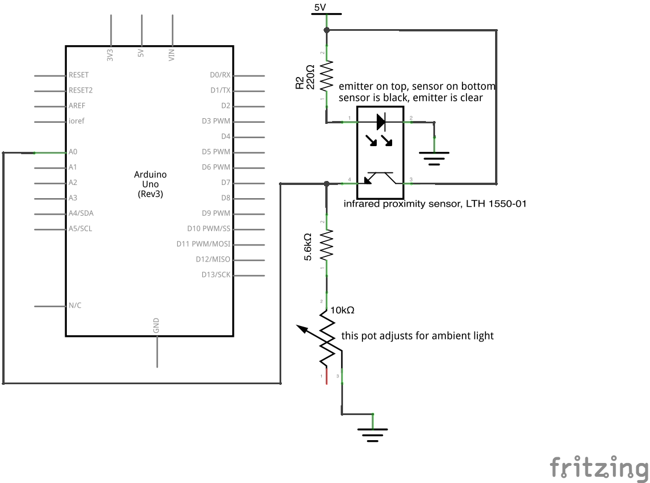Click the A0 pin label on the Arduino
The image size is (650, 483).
[73, 152]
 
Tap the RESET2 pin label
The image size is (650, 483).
[81, 90]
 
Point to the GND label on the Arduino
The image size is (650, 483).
[156, 326]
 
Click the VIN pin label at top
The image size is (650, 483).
[172, 55]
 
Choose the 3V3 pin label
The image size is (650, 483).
[110, 55]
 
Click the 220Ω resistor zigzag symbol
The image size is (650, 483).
[326, 77]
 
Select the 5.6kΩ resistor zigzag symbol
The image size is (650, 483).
[326, 245]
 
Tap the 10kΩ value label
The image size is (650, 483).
[342, 310]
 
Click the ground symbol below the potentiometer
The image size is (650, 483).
[372, 435]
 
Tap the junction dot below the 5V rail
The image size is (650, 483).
[326, 30]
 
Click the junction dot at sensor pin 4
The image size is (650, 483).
[326, 183]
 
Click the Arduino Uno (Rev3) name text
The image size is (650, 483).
[151, 184]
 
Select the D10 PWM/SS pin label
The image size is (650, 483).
[209, 228]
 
